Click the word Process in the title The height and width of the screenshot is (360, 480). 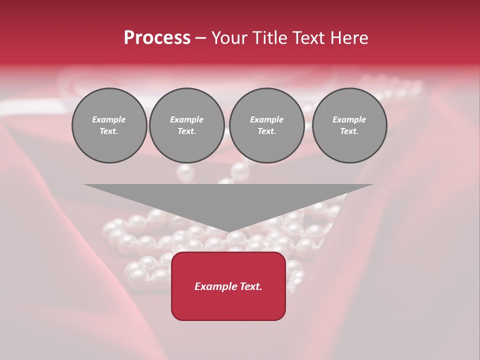157,38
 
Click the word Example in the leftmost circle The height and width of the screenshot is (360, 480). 109,119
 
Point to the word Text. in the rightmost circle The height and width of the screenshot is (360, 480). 349,131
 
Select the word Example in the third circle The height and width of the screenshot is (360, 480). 266,119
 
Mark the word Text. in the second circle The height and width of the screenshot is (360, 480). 186,131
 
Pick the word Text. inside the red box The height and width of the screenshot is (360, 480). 251,286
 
